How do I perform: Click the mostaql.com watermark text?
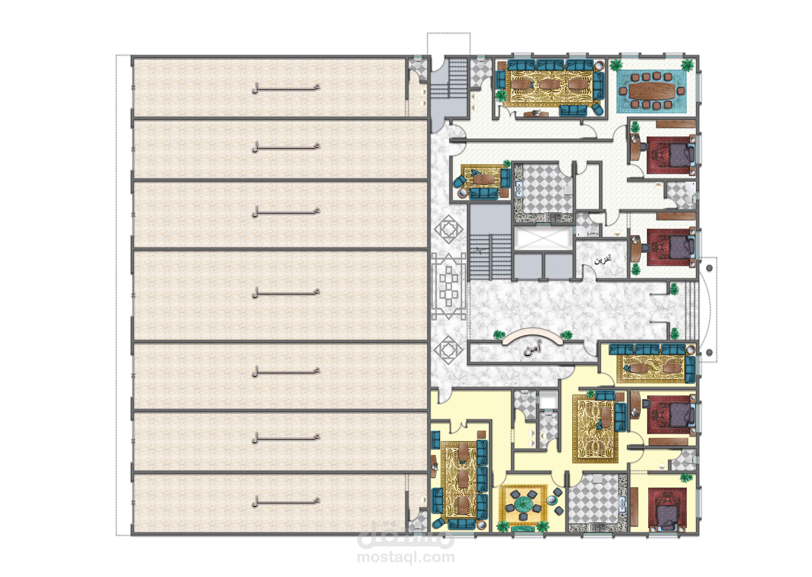tap(406, 557)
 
